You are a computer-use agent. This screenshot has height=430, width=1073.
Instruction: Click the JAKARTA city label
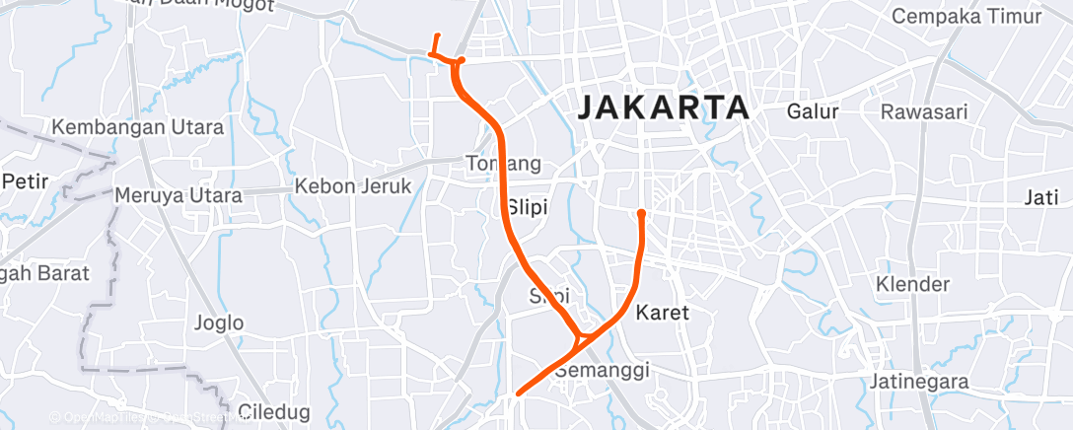tap(660, 107)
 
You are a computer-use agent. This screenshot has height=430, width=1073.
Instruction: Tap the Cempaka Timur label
tap(966, 17)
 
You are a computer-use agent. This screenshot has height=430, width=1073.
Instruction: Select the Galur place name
tap(812, 111)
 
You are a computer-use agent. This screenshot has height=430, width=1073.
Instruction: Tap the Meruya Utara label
tap(179, 195)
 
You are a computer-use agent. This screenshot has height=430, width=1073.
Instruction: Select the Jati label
tap(1040, 197)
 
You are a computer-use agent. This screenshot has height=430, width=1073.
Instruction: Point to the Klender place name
tap(912, 285)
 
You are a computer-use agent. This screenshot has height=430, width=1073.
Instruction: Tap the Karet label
tap(662, 314)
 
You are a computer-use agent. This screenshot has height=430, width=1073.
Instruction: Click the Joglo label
tap(219, 322)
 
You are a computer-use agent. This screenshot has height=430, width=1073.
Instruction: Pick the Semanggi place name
tap(601, 371)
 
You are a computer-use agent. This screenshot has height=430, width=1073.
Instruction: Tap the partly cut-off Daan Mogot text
tap(226, 5)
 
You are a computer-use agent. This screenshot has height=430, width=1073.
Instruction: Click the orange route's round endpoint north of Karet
tap(641, 212)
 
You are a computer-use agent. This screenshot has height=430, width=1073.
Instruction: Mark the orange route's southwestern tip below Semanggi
tap(517, 393)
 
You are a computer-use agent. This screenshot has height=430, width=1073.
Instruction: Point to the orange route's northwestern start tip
tap(438, 36)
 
